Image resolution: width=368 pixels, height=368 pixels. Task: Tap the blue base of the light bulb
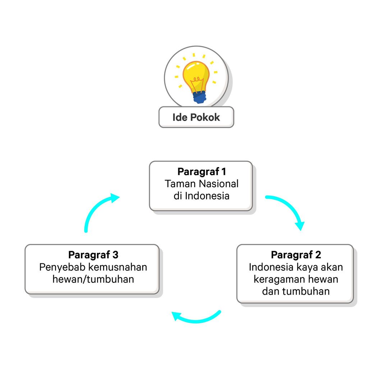[x=199, y=97]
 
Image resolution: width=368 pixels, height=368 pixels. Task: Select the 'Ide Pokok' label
[x=196, y=117]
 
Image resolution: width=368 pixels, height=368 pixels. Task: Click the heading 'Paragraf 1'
[x=202, y=171]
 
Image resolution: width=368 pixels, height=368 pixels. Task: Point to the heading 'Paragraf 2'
[x=296, y=255]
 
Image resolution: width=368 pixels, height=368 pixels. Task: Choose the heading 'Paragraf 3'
[x=93, y=255]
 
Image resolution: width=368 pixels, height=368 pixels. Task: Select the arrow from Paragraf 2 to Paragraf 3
[x=196, y=318]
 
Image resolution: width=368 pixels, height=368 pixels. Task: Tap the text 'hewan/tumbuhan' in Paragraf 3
[x=93, y=279]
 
